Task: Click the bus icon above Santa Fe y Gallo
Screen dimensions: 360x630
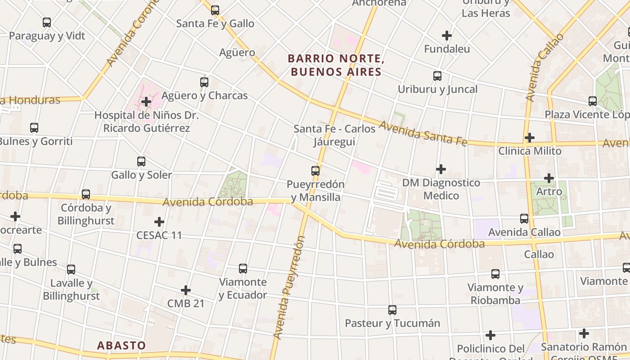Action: [x=215, y=10]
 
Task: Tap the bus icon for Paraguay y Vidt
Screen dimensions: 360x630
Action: [x=47, y=22]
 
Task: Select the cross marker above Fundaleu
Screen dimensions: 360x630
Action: [x=446, y=35]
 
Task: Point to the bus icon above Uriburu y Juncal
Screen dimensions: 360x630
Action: [x=437, y=76]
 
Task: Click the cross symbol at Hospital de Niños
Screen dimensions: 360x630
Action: [x=146, y=102]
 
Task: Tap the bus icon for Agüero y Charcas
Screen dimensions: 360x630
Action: [x=204, y=82]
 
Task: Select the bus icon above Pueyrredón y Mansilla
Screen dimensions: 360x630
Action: [x=315, y=171]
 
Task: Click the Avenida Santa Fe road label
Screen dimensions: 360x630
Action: [x=423, y=134]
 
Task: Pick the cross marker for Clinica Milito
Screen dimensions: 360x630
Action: [x=530, y=137]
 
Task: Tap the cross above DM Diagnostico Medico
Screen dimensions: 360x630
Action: [x=441, y=169]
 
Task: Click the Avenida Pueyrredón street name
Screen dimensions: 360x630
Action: [x=289, y=288]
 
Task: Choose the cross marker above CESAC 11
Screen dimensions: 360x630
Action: [x=159, y=222]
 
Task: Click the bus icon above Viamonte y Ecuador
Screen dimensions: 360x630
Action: [x=243, y=269]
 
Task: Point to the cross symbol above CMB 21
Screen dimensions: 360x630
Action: [x=185, y=290]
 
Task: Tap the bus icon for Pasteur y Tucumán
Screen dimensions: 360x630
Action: [x=392, y=310]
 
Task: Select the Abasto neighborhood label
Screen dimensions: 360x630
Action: [x=121, y=345]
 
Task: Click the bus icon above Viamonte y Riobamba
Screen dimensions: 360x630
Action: [x=495, y=274]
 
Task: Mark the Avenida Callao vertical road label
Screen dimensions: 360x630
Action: [x=544, y=67]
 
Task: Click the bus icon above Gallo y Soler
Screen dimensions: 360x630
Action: [x=141, y=161]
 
